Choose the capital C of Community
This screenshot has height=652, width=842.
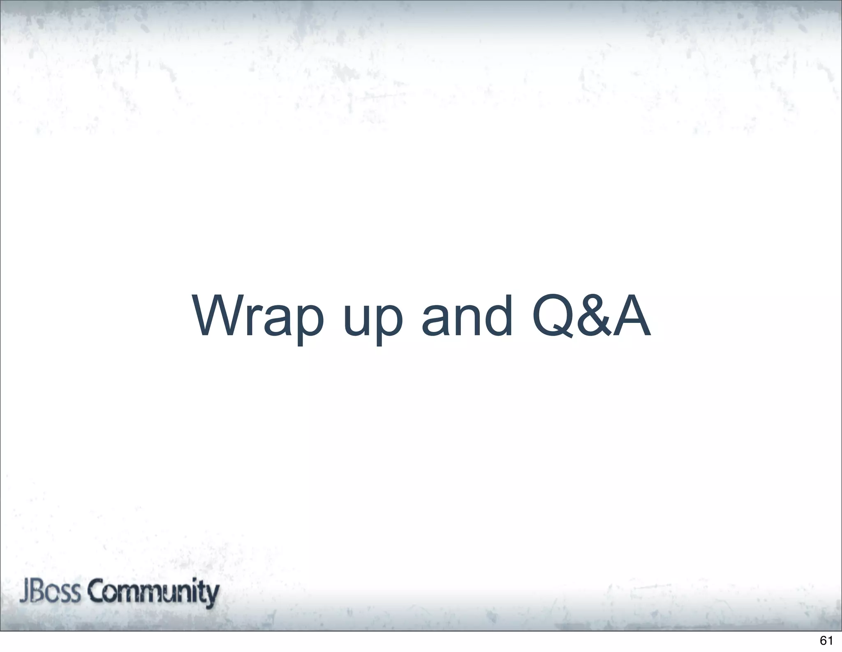pos(97,593)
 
